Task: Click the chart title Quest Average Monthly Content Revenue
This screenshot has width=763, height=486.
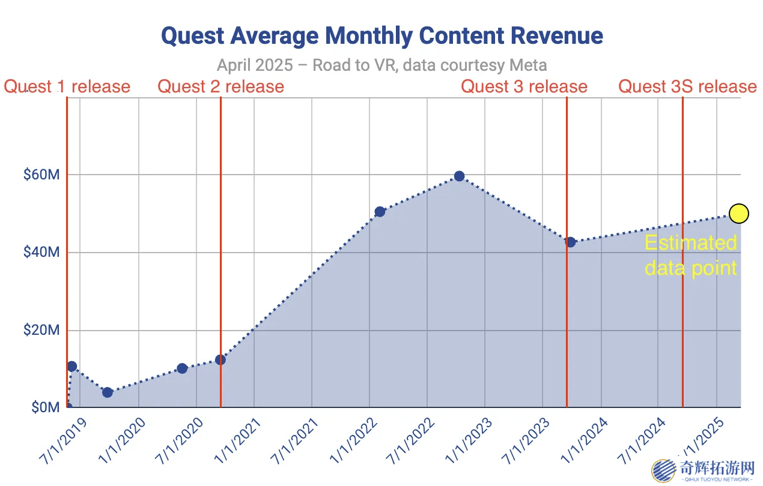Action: tap(382, 36)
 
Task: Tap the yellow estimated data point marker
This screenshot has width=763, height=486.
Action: tap(739, 213)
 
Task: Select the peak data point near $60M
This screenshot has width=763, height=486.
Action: tap(459, 176)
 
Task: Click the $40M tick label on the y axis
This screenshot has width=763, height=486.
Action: tap(41, 253)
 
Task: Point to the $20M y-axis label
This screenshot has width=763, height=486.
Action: tap(41, 330)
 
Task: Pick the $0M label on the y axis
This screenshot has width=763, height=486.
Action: tap(45, 408)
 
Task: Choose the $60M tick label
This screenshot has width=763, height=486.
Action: tap(41, 175)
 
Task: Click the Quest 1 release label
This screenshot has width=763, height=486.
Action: tap(67, 86)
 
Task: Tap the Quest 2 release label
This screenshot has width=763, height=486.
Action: tap(220, 86)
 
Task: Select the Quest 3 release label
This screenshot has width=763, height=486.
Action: tap(524, 86)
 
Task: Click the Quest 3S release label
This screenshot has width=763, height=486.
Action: tap(687, 86)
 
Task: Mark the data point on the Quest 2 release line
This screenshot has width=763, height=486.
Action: tap(220, 359)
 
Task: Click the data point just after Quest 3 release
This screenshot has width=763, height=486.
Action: tap(570, 242)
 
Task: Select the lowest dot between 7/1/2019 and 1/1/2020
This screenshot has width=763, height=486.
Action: tap(108, 392)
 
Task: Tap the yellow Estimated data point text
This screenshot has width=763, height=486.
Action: tap(690, 254)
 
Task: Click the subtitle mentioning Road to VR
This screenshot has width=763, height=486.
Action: tap(382, 65)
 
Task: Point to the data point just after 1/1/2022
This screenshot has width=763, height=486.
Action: tap(380, 212)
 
